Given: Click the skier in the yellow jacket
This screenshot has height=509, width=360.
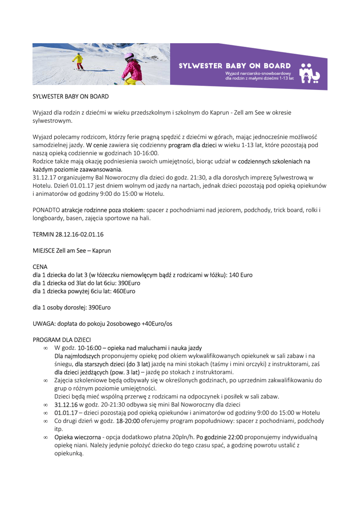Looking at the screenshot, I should (78, 61).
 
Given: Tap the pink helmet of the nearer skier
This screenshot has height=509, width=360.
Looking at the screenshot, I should (129, 56).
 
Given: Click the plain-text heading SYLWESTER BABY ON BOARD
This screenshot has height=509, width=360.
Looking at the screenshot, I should (71, 96).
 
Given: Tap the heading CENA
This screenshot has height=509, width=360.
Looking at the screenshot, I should (40, 267).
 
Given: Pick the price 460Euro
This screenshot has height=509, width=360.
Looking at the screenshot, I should (123, 291).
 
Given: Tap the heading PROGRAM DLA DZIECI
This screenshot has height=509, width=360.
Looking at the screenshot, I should (62, 340).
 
